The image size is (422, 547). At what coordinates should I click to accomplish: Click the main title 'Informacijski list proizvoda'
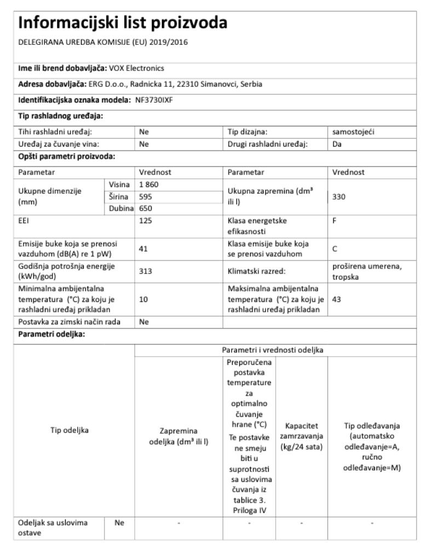click(x=123, y=24)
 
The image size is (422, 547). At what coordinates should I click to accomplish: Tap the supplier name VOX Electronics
click(x=137, y=68)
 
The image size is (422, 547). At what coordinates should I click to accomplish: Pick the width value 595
click(x=146, y=196)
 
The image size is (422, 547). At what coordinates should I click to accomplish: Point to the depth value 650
click(x=146, y=208)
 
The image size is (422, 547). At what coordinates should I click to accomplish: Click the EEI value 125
click(x=146, y=222)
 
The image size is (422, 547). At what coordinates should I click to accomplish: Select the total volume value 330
click(x=339, y=196)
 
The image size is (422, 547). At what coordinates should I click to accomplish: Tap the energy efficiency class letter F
click(x=334, y=222)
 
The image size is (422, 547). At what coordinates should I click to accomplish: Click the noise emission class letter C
click(x=335, y=248)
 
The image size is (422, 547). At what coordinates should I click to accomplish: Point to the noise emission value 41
click(x=144, y=248)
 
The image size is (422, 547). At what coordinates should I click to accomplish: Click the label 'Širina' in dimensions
click(x=120, y=196)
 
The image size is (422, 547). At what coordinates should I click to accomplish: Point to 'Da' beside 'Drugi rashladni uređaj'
click(x=337, y=144)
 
